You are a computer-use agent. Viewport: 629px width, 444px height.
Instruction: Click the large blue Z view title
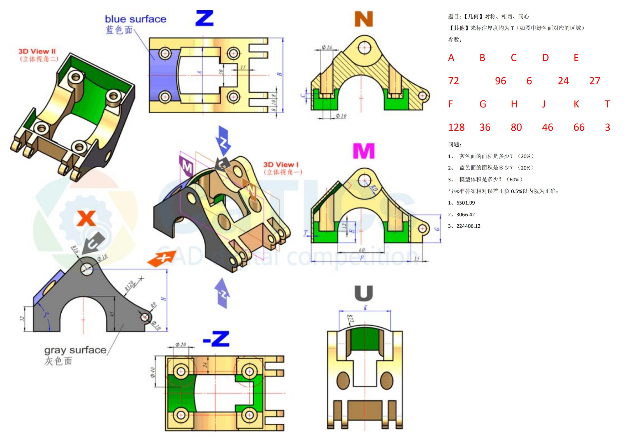[205, 18]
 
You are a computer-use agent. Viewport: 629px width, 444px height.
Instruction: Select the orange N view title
[364, 19]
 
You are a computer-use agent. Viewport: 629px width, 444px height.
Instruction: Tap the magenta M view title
[364, 151]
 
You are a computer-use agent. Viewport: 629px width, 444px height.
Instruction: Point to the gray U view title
[364, 293]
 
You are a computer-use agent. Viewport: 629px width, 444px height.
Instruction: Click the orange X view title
[86, 219]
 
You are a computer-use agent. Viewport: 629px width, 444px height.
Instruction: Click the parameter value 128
[456, 128]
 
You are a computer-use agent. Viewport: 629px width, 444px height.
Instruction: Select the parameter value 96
[500, 81]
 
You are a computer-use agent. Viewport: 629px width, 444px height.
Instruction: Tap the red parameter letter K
[576, 104]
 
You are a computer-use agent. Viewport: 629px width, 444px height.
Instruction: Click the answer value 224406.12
[468, 226]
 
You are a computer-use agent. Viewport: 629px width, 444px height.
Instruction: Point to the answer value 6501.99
[465, 203]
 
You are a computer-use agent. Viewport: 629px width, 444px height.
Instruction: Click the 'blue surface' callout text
[136, 19]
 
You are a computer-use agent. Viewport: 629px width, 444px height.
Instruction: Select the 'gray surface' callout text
[75, 350]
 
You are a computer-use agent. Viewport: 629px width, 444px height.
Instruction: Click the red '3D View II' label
[37, 51]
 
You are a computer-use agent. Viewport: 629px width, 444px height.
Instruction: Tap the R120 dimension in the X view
[129, 286]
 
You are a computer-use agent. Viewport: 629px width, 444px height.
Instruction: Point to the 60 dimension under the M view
[362, 250]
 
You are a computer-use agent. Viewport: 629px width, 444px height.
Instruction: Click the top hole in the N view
[364, 47]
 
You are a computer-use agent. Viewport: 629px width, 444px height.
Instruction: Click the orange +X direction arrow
[162, 259]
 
